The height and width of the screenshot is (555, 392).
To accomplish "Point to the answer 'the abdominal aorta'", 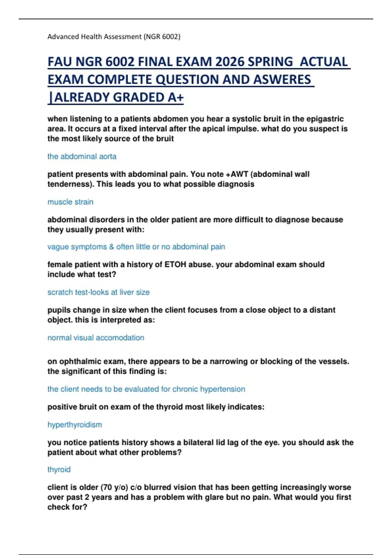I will click(82, 156).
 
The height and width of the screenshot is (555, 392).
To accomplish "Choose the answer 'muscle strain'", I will click(70, 202).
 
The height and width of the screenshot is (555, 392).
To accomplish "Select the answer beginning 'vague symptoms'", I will click(136, 247).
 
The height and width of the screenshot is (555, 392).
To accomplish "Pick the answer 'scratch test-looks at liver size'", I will click(98, 292).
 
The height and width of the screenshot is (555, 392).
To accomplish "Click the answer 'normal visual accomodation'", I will click(96, 338).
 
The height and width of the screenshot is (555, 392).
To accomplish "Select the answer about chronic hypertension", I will click(146, 389).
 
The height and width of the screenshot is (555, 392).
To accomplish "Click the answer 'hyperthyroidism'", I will click(74, 425).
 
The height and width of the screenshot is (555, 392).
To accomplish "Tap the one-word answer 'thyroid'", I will click(59, 469).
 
